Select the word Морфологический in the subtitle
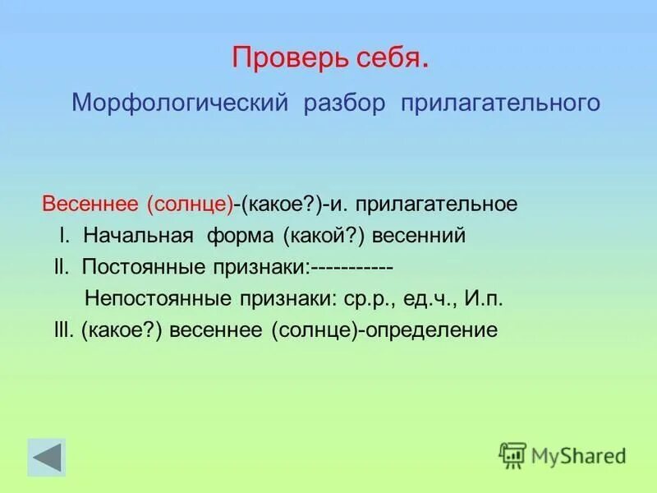[x=178, y=104]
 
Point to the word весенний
[x=419, y=236]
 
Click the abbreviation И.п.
[x=484, y=298]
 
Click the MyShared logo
[x=563, y=454]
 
